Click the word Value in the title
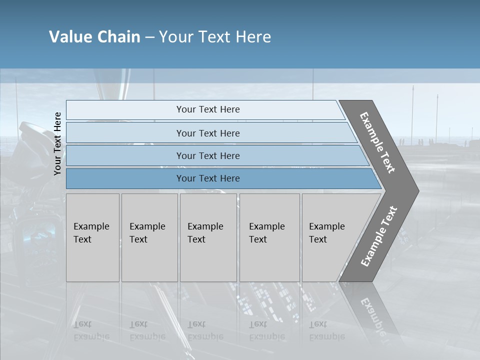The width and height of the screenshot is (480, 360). [70, 37]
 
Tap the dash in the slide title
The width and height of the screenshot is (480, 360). [149, 37]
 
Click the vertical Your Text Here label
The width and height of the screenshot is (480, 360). [57, 143]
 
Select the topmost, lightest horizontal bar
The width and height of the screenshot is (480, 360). [205, 109]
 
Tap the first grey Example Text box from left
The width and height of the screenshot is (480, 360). [92, 237]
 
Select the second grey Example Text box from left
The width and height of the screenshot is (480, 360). [149, 237]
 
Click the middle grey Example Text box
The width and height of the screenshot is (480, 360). [207, 237]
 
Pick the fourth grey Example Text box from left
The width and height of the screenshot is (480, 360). [269, 237]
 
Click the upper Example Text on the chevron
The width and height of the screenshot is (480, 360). [378, 142]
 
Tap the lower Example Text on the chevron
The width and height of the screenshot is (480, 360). [378, 236]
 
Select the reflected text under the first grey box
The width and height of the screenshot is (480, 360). [91, 330]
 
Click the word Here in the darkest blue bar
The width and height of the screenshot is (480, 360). [229, 178]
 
